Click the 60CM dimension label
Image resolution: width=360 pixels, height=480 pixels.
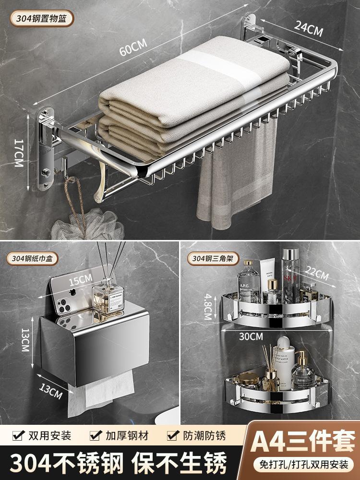pyautogui.click(x=133, y=47)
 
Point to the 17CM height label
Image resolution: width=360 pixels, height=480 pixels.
pyautogui.click(x=19, y=153)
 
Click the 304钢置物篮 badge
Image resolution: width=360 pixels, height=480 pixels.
pyautogui.click(x=42, y=18)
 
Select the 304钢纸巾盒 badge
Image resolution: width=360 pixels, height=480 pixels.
pyautogui.click(x=33, y=259)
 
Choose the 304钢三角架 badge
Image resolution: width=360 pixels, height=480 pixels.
pyautogui.click(x=213, y=259)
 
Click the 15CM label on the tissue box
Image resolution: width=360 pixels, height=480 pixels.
pyautogui.click(x=80, y=280)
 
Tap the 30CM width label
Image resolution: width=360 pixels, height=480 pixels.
pyautogui.click(x=251, y=336)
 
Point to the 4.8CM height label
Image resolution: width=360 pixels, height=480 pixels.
pyautogui.click(x=208, y=307)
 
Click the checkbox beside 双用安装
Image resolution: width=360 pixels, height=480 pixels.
pyautogui.click(x=19, y=435)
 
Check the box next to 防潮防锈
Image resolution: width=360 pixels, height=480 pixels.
pyautogui.click(x=173, y=435)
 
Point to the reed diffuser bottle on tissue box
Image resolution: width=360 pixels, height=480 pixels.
pyautogui.click(x=108, y=299)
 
